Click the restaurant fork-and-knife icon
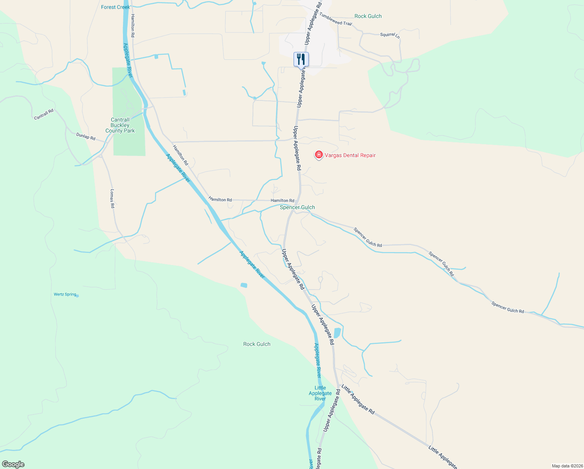[x=301, y=59]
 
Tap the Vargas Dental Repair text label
[x=350, y=155]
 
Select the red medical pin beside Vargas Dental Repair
[x=319, y=155]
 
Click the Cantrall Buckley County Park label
[x=120, y=125]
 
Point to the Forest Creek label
[x=115, y=7]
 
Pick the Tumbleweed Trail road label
[x=335, y=20]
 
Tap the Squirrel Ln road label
[x=390, y=35]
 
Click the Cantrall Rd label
[x=44, y=115]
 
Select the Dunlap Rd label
[x=86, y=136]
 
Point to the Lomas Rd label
[x=112, y=199]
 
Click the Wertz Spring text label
[x=65, y=294]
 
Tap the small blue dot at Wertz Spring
[x=77, y=296]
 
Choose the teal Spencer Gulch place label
[x=297, y=207]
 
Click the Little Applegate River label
[x=320, y=393]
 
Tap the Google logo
[x=13, y=464]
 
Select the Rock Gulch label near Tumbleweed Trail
[x=368, y=16]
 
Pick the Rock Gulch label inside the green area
[x=256, y=344]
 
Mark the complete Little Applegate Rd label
[x=358, y=399]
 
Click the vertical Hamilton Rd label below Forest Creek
[x=133, y=26]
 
